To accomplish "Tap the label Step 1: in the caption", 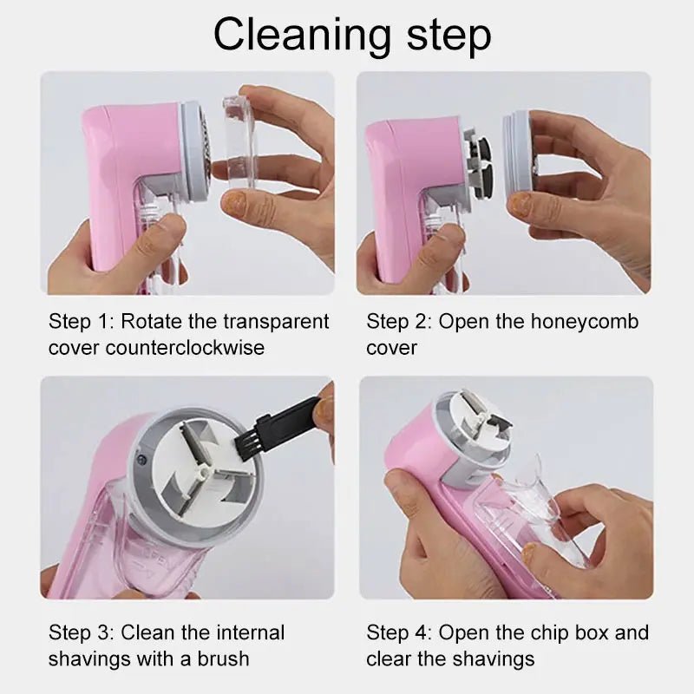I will tap(81, 322).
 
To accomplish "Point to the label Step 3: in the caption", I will tap(81, 632).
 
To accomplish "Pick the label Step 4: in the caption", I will tap(399, 632).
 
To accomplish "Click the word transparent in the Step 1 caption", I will tap(277, 322).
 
